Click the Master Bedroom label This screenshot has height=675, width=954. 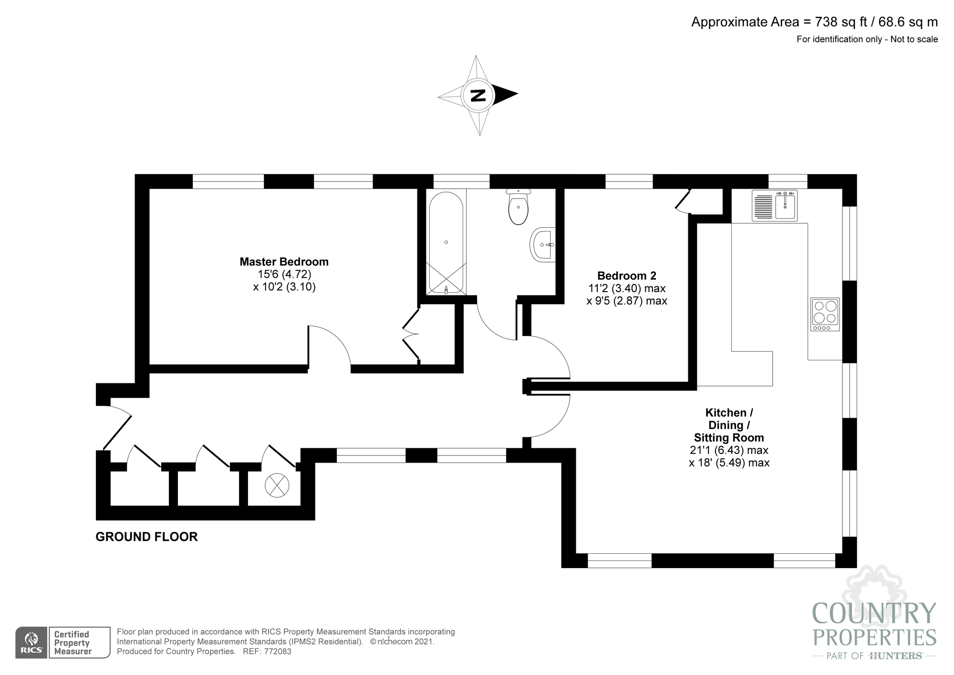pyautogui.click(x=284, y=262)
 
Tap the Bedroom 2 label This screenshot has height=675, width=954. pyautogui.click(x=627, y=275)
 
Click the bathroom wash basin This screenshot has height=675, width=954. pyautogui.click(x=543, y=244)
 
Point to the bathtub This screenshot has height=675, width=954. pyautogui.click(x=446, y=243)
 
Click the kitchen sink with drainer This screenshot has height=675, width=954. pyautogui.click(x=775, y=205)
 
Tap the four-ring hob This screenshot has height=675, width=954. pyautogui.click(x=825, y=315)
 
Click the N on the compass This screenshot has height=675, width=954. pyautogui.click(x=477, y=95)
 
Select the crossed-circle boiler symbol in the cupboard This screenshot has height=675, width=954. pyautogui.click(x=277, y=485)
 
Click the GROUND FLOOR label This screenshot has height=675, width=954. pyautogui.click(x=146, y=537)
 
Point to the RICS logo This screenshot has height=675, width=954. pyautogui.click(x=31, y=643)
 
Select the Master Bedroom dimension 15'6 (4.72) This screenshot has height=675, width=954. pyautogui.click(x=284, y=274)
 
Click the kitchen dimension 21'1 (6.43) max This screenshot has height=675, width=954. pyautogui.click(x=729, y=450)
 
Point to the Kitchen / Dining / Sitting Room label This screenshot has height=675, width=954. pyautogui.click(x=729, y=425)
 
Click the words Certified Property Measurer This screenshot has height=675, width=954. pyautogui.click(x=73, y=643)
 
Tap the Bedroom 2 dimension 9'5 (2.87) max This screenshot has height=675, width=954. pyautogui.click(x=627, y=301)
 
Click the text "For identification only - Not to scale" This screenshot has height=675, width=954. pyautogui.click(x=867, y=40)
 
